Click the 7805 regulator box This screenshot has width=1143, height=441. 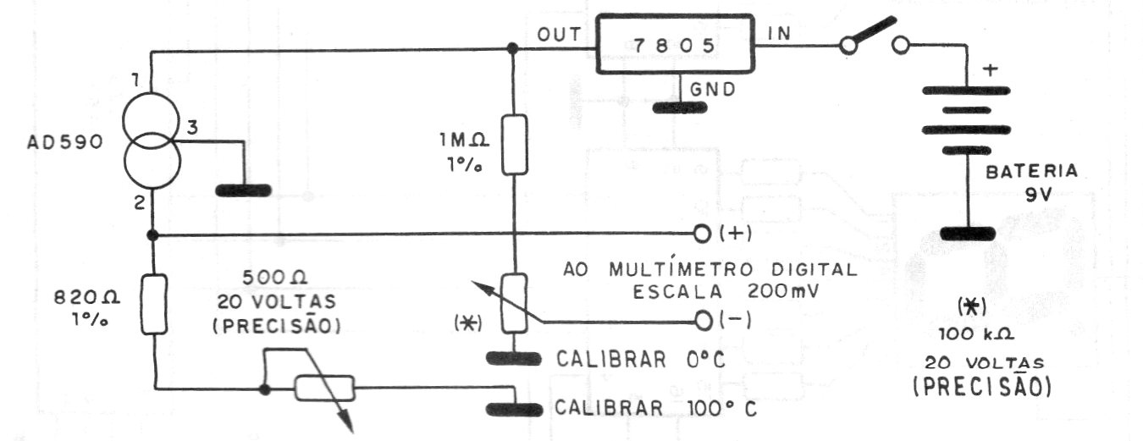[x=675, y=44]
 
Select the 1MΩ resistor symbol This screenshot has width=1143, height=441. [x=515, y=145]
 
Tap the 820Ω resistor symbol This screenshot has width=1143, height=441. [x=153, y=304]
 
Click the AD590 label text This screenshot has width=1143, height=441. [x=65, y=141]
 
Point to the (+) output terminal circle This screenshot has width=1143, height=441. [x=702, y=234]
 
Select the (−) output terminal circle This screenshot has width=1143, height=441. [x=703, y=321]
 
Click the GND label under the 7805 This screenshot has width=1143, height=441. [x=712, y=90]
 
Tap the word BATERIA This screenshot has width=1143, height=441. [x=1031, y=172]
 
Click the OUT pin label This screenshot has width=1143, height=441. [x=560, y=35]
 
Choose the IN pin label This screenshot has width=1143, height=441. [x=780, y=34]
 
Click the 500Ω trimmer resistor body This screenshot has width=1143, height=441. [x=324, y=388]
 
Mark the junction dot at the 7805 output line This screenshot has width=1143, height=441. [x=513, y=49]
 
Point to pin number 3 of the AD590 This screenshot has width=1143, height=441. [x=192, y=127]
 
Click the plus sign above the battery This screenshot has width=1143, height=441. [x=990, y=69]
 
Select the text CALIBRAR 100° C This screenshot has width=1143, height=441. [x=656, y=409]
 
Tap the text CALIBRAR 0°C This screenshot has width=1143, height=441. [x=640, y=360]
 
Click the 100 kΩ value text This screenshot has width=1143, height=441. [x=976, y=334]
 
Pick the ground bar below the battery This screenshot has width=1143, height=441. [x=968, y=234]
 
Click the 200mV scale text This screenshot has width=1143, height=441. [x=783, y=291]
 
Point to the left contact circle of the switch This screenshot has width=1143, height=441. [x=848, y=46]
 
